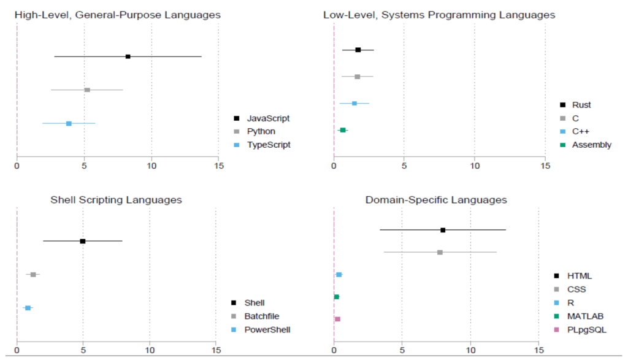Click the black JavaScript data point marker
point(128,56)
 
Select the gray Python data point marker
point(87,90)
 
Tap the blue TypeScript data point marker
point(69,123)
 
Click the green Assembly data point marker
point(343,130)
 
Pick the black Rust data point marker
point(358,50)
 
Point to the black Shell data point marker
point(83,241)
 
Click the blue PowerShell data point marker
point(28,308)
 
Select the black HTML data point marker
point(443,230)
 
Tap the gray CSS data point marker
point(440,252)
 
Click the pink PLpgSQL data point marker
point(337,319)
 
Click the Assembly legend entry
point(591,145)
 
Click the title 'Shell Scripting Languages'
point(116,200)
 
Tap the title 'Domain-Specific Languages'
point(436,200)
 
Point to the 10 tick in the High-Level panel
point(151,166)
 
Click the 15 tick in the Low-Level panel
point(545,166)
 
